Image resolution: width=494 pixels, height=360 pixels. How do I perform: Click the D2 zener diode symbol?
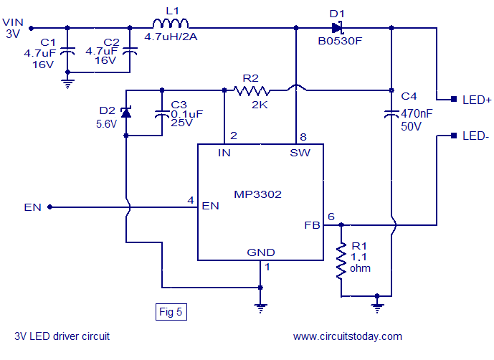[x=126, y=113]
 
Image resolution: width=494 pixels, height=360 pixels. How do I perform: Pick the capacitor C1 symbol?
[x=67, y=51]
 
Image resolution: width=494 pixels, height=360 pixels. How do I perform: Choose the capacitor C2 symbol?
[x=130, y=51]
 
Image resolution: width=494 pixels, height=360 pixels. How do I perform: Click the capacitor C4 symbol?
[x=392, y=113]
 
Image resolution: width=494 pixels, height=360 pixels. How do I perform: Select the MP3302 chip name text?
[x=258, y=194]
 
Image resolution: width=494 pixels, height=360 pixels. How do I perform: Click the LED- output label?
[x=476, y=135]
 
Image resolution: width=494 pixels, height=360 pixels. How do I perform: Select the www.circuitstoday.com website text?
[x=348, y=336]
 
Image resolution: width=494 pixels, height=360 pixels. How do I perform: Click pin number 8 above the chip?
[x=304, y=136]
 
